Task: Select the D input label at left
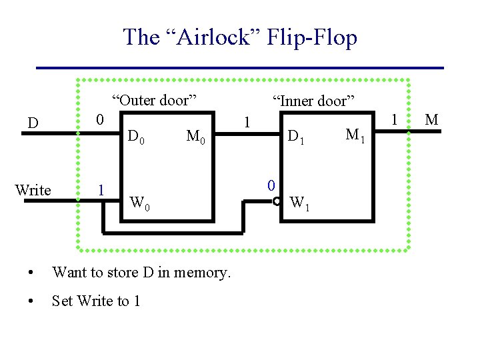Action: [x=32, y=123]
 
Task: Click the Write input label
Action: [x=33, y=190]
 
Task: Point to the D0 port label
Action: [x=136, y=138]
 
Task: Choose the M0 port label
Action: [x=198, y=138]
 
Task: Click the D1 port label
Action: [x=295, y=138]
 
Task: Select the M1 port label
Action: [x=355, y=136]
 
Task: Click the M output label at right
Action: [x=431, y=120]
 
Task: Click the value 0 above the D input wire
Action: [x=99, y=120]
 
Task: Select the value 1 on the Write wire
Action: [x=101, y=189]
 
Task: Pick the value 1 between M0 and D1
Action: [x=247, y=123]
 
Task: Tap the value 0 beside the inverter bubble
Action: [x=271, y=185]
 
